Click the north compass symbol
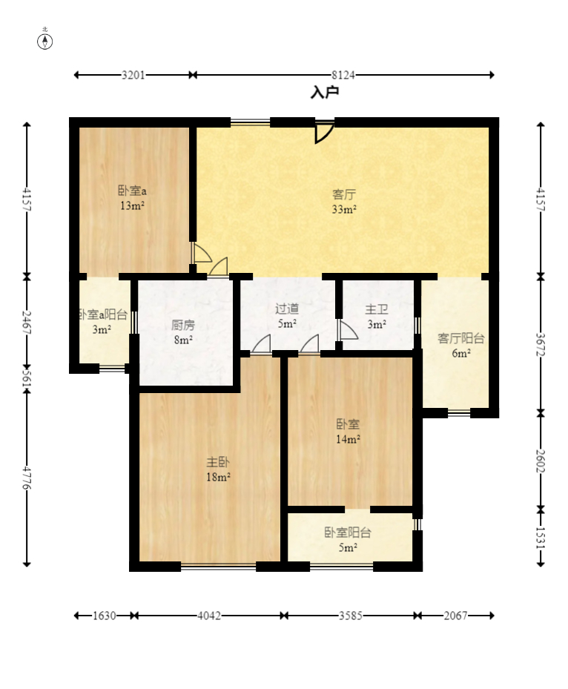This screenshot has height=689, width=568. click(x=44, y=42)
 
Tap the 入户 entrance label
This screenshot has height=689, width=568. click(x=325, y=92)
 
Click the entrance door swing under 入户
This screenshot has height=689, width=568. click(x=324, y=132)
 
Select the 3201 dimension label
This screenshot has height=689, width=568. click(x=133, y=75)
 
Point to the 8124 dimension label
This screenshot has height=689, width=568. click(x=343, y=75)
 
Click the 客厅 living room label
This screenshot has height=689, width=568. click(x=344, y=194)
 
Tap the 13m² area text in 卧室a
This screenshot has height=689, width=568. click(x=132, y=205)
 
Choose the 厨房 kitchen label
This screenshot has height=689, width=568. click(x=183, y=325)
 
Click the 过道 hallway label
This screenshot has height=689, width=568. click(x=287, y=309)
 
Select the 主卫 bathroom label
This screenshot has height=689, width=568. click(x=377, y=309)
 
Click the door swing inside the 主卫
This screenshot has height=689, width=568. click(x=347, y=330)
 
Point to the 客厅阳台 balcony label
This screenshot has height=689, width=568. click(x=461, y=338)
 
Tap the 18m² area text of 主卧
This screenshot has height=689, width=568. click(x=218, y=477)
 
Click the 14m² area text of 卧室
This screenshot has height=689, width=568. click(x=348, y=439)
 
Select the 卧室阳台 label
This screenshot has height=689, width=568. click(x=348, y=533)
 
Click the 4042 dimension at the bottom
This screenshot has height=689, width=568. click(x=208, y=616)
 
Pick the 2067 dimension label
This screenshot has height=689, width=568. click(x=455, y=616)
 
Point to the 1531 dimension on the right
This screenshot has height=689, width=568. click(x=541, y=537)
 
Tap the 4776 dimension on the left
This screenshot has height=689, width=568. click(x=27, y=478)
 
